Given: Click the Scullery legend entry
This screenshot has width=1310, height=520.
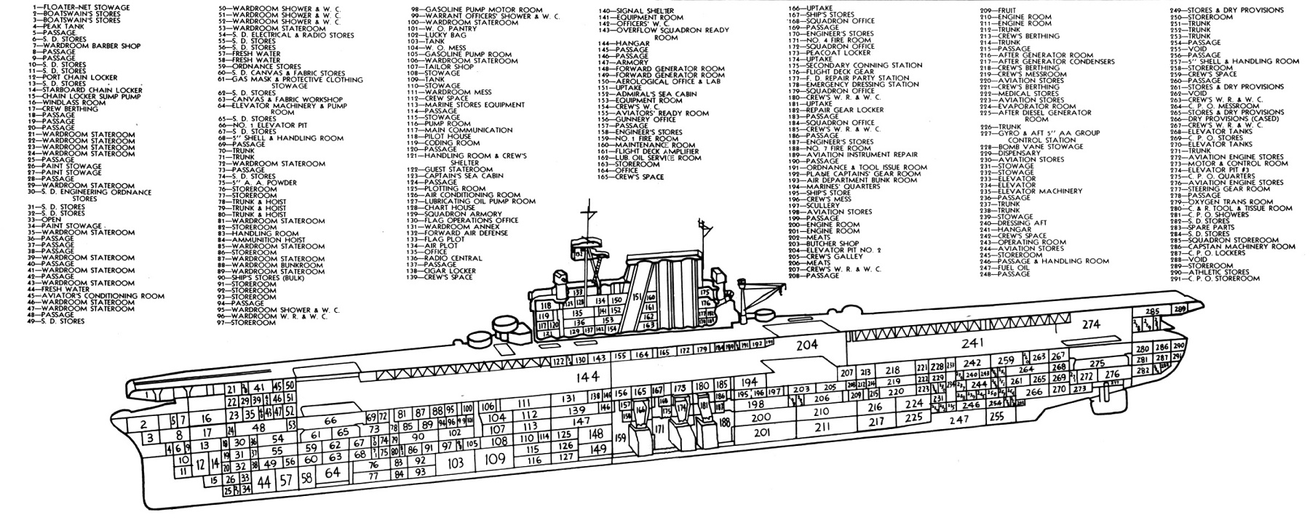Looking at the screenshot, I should coord(815,205).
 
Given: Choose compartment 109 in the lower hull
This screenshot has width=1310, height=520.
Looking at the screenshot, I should coord(495,460).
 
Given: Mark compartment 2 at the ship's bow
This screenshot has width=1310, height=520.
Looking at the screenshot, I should coord(143,425).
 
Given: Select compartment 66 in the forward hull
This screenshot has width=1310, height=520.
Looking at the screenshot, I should coord(330,420).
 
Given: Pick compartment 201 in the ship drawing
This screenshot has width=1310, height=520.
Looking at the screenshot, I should coord(761,432).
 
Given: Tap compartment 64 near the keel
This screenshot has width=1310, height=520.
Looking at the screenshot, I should coord(333,471).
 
